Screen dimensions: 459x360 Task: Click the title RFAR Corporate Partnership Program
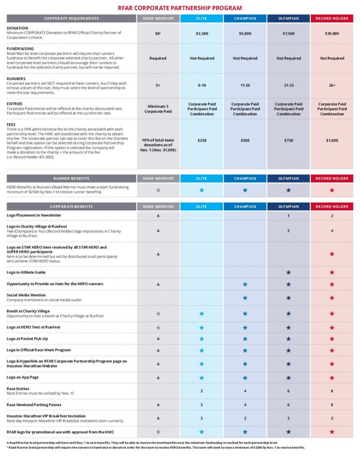click(180, 8)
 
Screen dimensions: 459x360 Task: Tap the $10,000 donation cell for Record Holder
click(332, 34)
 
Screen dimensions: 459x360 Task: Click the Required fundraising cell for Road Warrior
click(158, 58)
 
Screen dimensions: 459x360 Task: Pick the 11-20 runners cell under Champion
click(245, 85)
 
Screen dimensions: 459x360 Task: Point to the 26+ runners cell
click(332, 85)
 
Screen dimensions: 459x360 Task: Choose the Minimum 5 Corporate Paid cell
click(158, 108)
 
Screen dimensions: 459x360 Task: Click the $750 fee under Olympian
click(288, 140)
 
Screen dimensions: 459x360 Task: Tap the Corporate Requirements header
click(71, 18)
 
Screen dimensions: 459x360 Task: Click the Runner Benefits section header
click(71, 178)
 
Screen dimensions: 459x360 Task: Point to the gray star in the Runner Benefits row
click(158, 190)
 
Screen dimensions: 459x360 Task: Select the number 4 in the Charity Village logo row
click(332, 231)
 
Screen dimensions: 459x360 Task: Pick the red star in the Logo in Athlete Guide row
click(332, 273)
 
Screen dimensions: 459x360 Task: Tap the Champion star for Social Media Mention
click(245, 298)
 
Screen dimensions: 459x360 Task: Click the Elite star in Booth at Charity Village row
click(201, 314)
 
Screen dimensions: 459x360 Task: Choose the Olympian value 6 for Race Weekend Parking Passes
click(288, 405)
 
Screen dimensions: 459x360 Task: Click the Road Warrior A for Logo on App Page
click(158, 377)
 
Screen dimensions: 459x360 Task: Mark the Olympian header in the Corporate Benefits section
click(288, 207)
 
